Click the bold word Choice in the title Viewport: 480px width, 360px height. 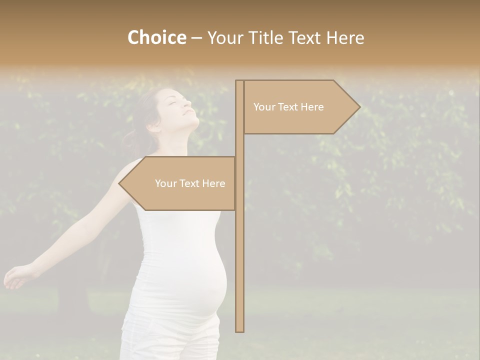pyautogui.click(x=156, y=38)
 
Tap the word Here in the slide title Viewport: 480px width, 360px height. pyautogui.click(x=345, y=38)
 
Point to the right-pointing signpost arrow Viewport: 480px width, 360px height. pyautogui.click(x=300, y=107)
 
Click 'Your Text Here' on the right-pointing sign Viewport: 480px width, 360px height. pyautogui.click(x=288, y=107)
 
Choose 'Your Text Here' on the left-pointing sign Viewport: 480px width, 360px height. pyautogui.click(x=190, y=183)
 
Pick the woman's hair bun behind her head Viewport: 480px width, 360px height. pyautogui.click(x=131, y=137)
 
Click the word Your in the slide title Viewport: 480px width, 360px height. pyautogui.click(x=224, y=38)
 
